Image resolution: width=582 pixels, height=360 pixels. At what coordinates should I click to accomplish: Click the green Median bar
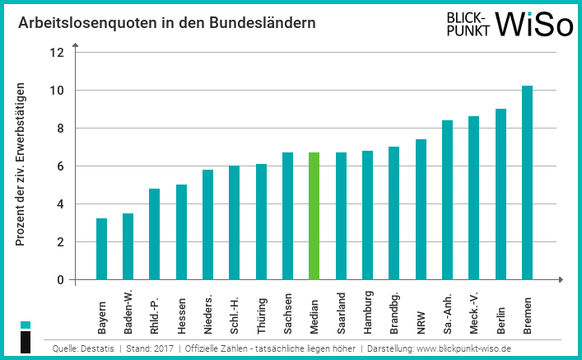point(314,216)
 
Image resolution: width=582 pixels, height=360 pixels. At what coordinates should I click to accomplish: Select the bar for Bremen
point(527,183)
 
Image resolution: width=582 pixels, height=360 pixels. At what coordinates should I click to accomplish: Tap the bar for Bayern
point(101,249)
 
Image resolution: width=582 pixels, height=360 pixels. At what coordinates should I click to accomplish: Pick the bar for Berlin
point(501,194)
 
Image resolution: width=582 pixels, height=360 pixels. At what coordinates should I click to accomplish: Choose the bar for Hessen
point(181,232)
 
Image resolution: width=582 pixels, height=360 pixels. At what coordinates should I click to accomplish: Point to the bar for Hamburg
point(367,215)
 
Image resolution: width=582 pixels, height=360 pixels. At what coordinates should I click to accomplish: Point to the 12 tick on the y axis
point(57,53)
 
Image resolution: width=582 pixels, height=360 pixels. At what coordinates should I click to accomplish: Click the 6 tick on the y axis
point(59,166)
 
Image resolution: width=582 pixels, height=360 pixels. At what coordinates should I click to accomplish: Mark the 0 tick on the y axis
point(59,280)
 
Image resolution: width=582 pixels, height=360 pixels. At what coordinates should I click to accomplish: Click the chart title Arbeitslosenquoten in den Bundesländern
point(167,23)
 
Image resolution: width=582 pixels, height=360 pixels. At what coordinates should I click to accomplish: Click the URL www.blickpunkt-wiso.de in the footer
point(463,349)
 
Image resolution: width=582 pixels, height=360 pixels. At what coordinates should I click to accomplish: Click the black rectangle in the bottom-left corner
point(26,343)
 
